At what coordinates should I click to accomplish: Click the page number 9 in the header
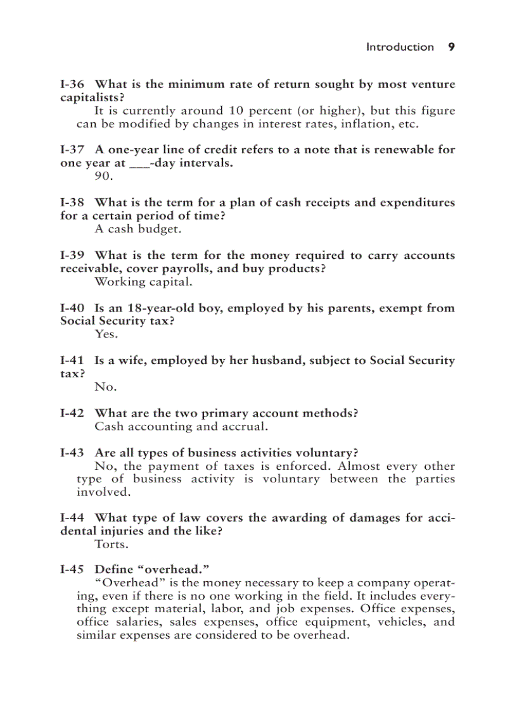coord(451,47)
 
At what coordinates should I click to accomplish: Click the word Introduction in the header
coord(400,47)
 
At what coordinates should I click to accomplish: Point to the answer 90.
coord(103,177)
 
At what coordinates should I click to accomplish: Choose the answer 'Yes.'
coord(106,334)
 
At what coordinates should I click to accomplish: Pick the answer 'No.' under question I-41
coord(105,387)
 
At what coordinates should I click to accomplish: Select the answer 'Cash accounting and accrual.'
coord(181,427)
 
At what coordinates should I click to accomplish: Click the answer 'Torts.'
coord(111,544)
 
